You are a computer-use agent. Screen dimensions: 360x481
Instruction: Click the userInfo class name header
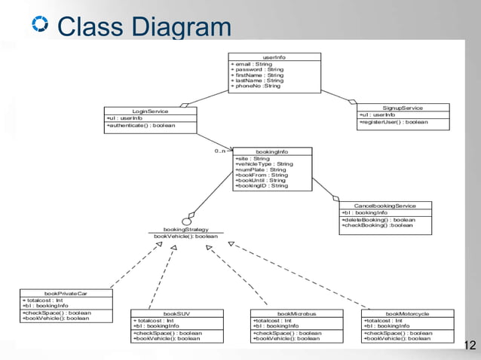[x=274, y=57]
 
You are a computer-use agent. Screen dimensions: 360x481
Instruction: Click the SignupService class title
[x=402, y=108]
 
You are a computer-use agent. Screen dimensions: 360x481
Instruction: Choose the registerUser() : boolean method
[x=394, y=121]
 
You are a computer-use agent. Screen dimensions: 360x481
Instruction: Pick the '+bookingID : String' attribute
[x=261, y=186]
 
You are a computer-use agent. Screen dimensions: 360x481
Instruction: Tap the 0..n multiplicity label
[x=219, y=151]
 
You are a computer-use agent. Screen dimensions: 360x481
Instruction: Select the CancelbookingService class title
[x=384, y=206]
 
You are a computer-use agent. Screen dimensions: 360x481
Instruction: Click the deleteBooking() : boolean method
[x=377, y=219]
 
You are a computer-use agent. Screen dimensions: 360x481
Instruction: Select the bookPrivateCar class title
[x=66, y=293]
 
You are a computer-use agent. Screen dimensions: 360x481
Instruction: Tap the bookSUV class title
[x=176, y=313]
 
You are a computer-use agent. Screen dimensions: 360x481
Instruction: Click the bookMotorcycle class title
[x=408, y=313]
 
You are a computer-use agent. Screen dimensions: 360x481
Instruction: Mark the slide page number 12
[x=470, y=346]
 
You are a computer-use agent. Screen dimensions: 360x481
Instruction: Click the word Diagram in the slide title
[x=181, y=28]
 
